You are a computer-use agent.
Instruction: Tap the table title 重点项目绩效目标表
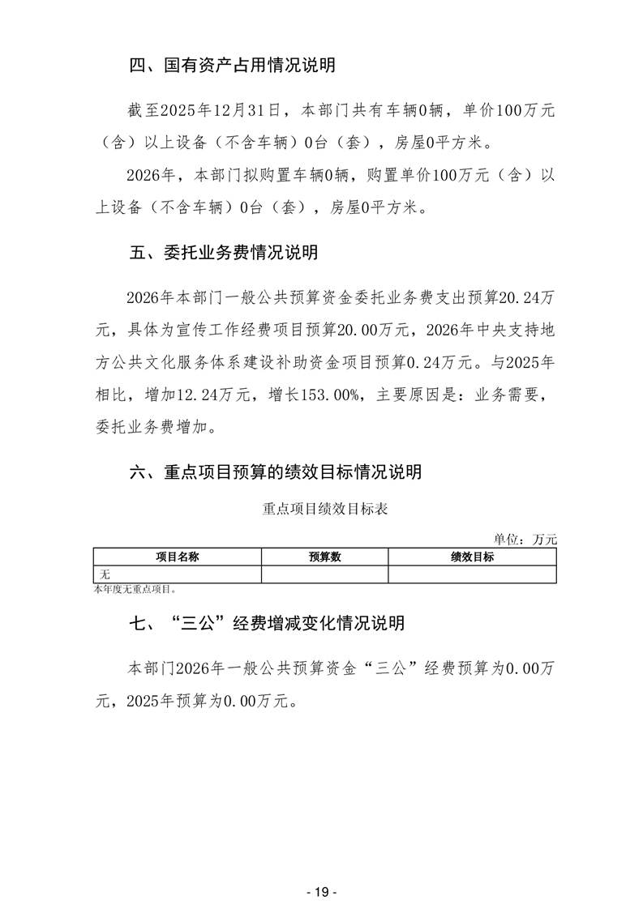tap(325, 510)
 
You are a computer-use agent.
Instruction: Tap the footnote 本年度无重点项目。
tap(135, 589)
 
